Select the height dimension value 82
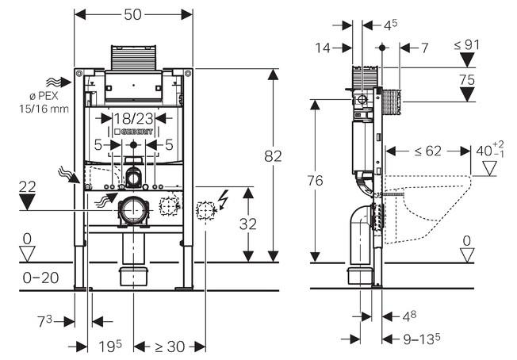(x=273, y=157)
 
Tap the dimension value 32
(x=248, y=224)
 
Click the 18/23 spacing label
(x=132, y=119)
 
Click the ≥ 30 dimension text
(x=169, y=347)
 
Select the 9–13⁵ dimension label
(x=421, y=339)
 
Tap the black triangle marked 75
(x=468, y=94)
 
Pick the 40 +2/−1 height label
(x=490, y=151)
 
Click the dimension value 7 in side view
(x=424, y=48)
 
